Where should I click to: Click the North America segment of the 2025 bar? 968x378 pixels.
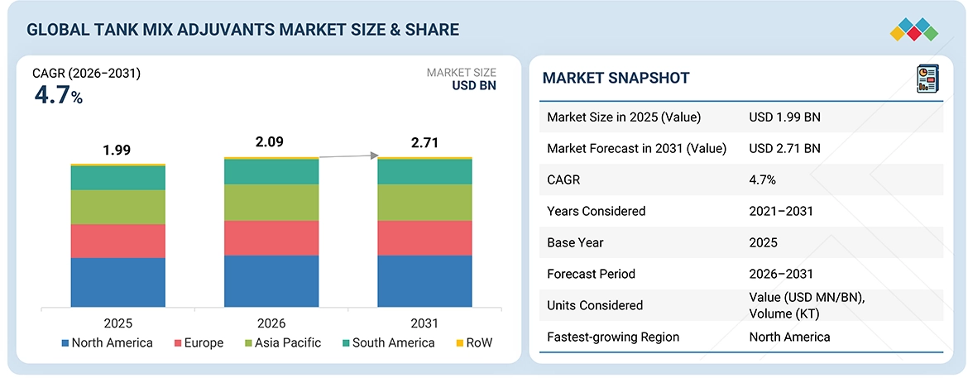[x=117, y=282]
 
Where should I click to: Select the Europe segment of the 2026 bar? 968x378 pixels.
[x=271, y=237]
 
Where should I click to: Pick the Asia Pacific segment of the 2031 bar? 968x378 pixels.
[x=424, y=202]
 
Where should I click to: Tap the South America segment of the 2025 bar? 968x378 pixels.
[x=117, y=178]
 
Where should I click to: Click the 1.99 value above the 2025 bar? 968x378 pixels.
[x=117, y=151]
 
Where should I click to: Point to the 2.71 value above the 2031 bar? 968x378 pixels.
[x=424, y=142]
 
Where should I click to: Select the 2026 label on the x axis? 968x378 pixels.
[x=271, y=323]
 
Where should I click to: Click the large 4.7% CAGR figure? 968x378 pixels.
[x=58, y=95]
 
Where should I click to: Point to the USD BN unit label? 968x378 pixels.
[x=474, y=85]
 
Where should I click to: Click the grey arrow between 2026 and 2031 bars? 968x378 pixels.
[x=348, y=156]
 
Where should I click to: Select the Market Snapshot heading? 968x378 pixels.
[x=616, y=78]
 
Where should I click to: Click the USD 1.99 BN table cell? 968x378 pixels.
[x=784, y=117]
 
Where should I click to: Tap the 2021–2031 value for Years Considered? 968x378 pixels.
[x=781, y=211]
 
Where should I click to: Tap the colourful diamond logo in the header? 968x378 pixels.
[x=913, y=29]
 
